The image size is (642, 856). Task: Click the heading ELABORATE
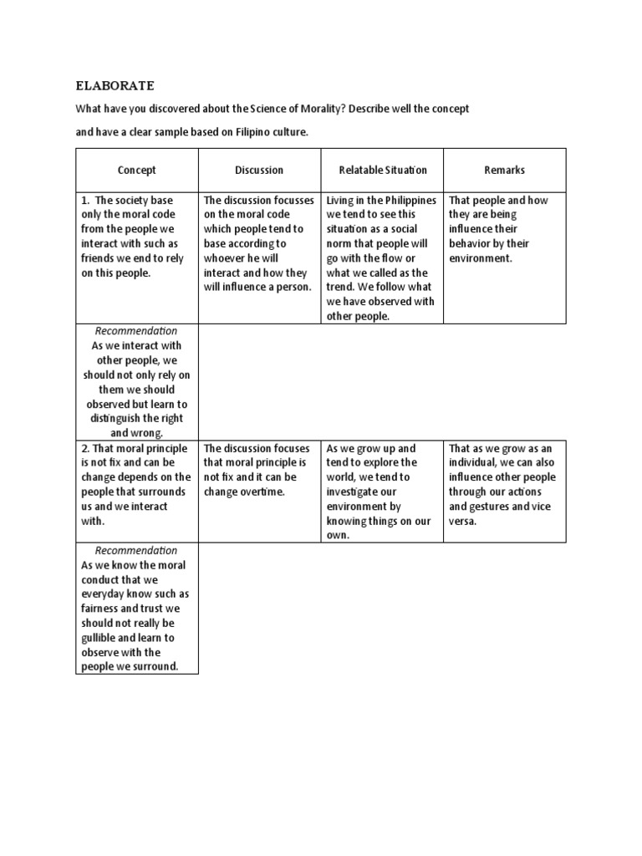coord(115,85)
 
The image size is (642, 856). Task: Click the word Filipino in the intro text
coord(240,132)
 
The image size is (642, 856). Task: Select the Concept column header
coord(136,170)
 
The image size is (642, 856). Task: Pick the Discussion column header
coord(259,170)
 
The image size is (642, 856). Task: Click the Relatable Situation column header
coord(382,170)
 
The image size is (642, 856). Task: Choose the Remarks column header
coord(504,170)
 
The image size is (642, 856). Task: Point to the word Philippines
coord(410,200)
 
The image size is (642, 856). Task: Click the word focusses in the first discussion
coord(293,200)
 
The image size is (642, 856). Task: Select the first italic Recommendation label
coord(136,331)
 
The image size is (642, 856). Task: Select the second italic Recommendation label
coord(136,550)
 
